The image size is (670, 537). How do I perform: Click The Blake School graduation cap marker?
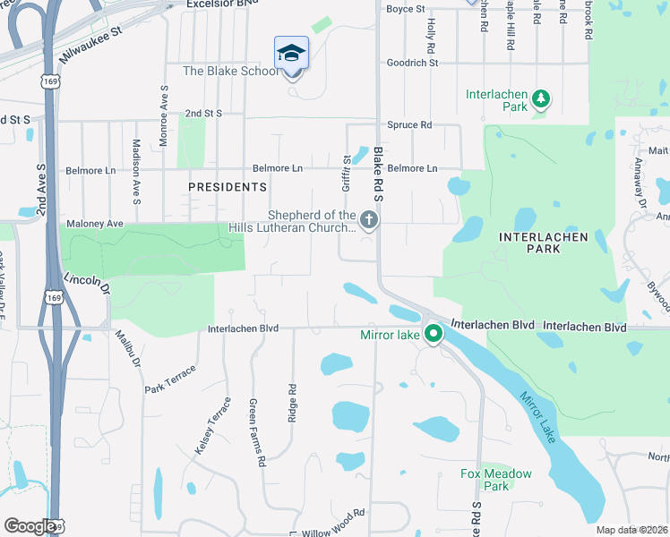click(292, 54)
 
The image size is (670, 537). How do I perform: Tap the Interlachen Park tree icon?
click(540, 98)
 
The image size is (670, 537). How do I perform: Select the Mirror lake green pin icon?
click(433, 335)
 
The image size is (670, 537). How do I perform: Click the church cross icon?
click(368, 219)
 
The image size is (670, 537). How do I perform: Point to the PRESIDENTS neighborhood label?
click(228, 187)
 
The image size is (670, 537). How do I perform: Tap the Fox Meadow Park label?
click(495, 480)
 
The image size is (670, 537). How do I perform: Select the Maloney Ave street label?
click(94, 223)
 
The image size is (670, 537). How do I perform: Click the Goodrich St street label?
click(412, 63)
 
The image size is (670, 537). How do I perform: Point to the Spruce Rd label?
click(409, 124)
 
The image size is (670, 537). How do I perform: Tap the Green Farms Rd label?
click(257, 433)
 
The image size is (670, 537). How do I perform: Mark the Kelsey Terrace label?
click(212, 425)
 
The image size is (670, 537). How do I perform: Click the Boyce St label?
click(405, 9)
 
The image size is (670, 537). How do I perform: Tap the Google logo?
click(29, 526)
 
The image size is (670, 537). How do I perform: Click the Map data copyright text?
click(632, 530)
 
